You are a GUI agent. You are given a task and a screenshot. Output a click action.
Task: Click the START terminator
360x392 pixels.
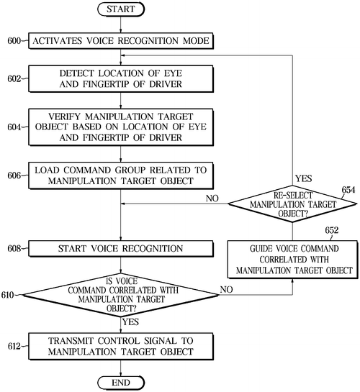121,11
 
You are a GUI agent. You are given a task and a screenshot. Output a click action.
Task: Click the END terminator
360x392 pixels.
121,380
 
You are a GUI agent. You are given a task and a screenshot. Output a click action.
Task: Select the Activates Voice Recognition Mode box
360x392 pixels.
121,41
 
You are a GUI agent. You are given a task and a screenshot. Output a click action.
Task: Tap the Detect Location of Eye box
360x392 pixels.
121,78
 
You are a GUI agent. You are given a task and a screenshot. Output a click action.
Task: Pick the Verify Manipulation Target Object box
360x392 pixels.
121,127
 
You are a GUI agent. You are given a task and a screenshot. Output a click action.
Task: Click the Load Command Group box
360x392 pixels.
121,175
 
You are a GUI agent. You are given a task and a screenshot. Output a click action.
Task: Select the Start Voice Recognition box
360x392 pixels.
121,249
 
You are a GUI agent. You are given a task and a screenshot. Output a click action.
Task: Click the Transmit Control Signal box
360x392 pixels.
121,346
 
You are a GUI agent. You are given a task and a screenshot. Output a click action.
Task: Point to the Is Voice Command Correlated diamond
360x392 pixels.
121,295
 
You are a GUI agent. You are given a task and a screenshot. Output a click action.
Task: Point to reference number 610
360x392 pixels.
10,295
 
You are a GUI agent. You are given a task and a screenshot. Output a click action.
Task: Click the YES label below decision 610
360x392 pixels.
132,322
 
